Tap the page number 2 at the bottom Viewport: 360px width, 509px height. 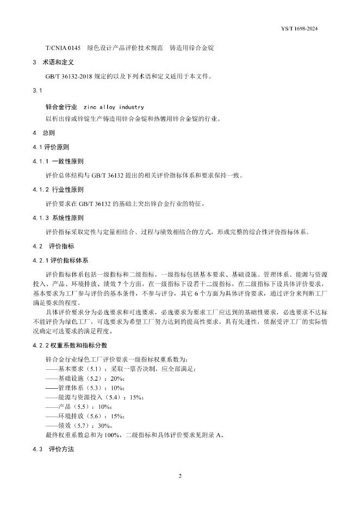[179, 476]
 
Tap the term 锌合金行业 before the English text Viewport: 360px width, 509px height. [61, 107]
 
